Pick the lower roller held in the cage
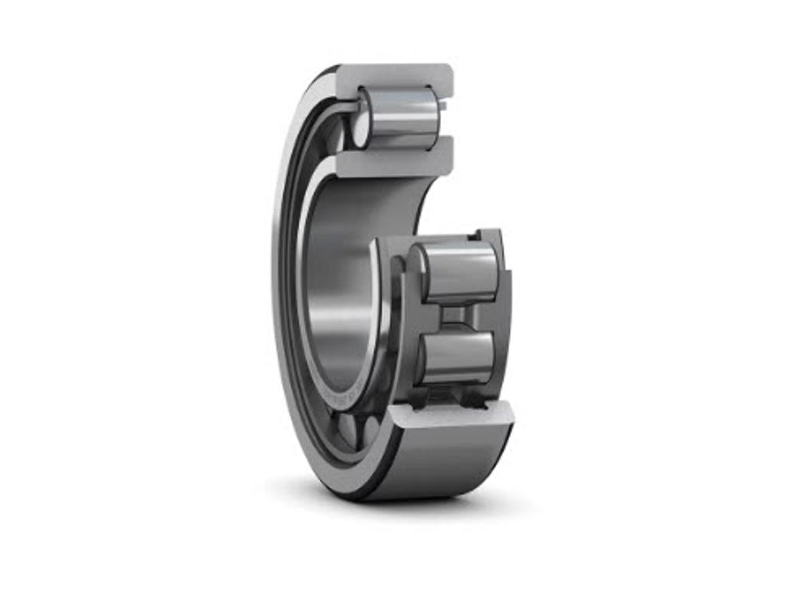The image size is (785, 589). (x=458, y=356)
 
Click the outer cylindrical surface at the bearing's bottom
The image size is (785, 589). (x=445, y=460)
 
